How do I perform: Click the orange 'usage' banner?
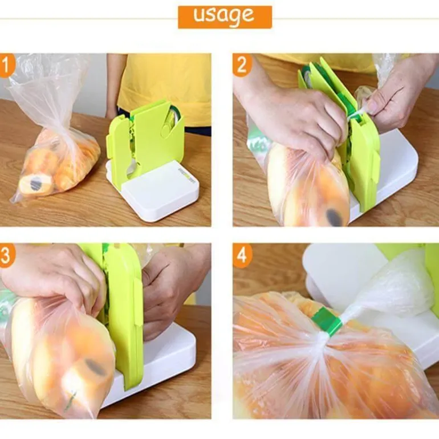point(225,17)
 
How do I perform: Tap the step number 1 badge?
point(6,66)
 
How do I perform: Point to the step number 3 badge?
point(7,255)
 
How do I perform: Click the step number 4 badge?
point(242,255)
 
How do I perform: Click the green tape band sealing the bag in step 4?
point(326,321)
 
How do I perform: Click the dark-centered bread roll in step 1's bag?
point(36,184)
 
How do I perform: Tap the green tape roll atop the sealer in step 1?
point(174,116)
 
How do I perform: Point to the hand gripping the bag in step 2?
point(291,117)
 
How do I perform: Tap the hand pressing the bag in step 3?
point(53,280)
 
